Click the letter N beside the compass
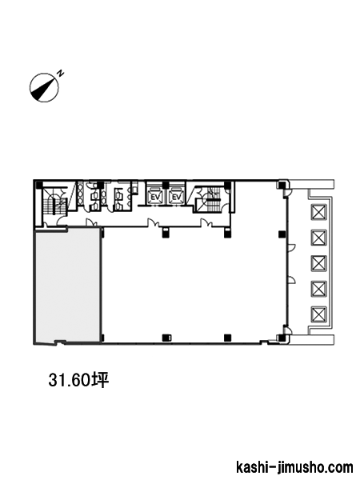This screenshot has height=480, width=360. click(x=62, y=73)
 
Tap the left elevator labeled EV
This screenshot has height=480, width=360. click(x=156, y=197)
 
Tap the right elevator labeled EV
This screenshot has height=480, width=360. click(x=176, y=197)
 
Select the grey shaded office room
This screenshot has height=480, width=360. click(x=68, y=285)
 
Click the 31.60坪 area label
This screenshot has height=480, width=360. click(x=78, y=380)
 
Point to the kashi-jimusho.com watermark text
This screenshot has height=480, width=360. click(x=294, y=467)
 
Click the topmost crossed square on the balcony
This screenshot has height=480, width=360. click(x=319, y=212)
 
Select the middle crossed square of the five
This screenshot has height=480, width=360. click(x=319, y=263)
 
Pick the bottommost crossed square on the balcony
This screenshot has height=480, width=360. click(x=319, y=314)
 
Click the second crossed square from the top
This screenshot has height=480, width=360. click(x=319, y=238)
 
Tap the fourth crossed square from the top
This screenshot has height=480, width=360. click(x=319, y=289)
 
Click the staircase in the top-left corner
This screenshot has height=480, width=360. click(x=55, y=203)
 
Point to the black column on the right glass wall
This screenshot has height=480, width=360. click(x=282, y=234)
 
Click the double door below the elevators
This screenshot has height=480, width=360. click(x=153, y=222)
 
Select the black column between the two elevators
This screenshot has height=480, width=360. click(x=166, y=185)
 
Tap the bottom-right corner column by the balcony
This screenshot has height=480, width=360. click(x=281, y=338)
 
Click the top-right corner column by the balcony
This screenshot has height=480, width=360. click(x=281, y=185)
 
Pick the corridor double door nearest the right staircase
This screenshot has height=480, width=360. click(x=206, y=222)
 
